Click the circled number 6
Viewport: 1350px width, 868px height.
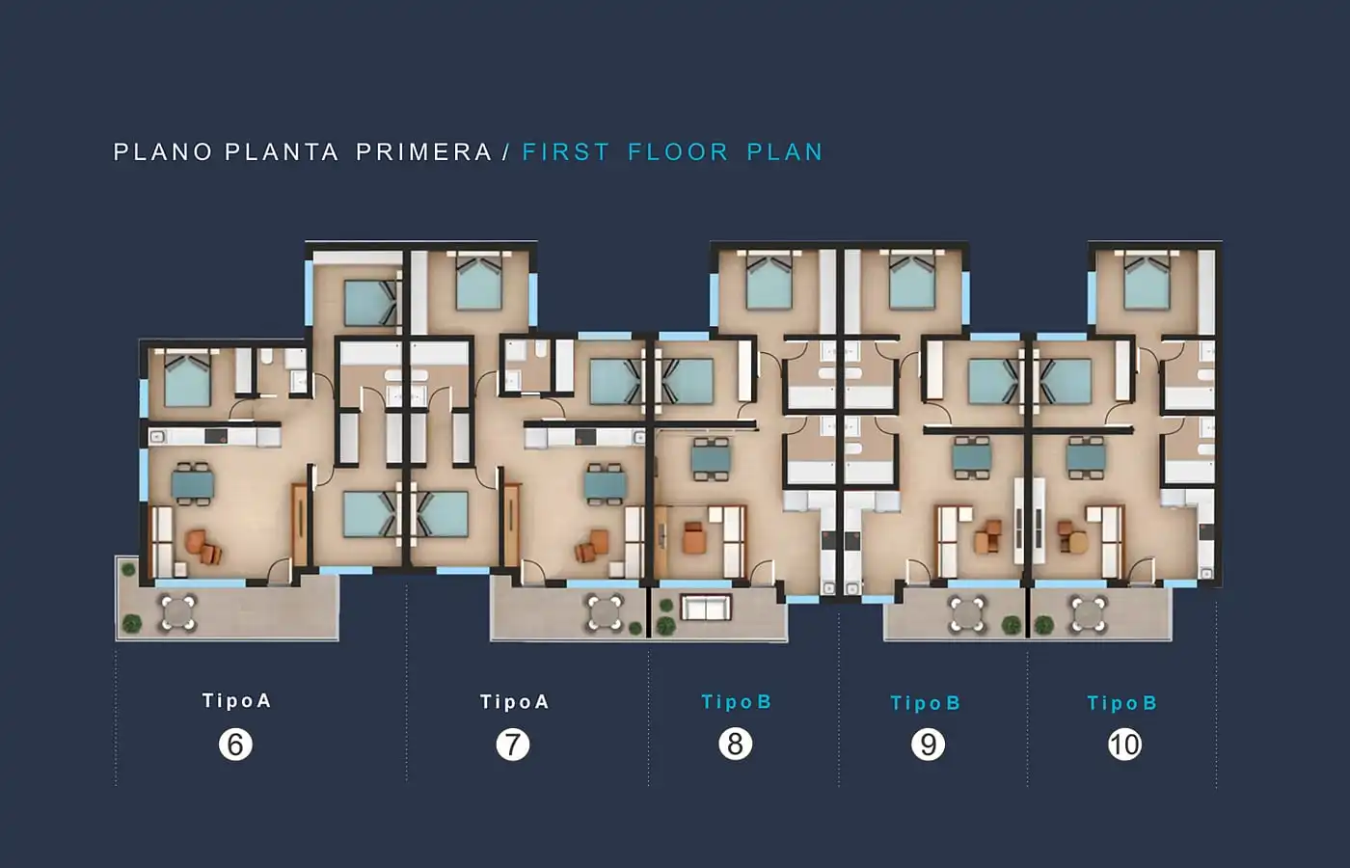click(235, 745)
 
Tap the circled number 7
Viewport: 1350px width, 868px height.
click(512, 745)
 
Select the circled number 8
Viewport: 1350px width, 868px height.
click(735, 744)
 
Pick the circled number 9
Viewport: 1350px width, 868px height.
click(928, 745)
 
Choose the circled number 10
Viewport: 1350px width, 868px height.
click(1124, 745)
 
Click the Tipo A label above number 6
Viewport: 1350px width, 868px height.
click(236, 700)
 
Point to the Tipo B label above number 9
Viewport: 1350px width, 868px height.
click(925, 703)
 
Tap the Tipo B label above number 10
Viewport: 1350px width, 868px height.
click(1122, 703)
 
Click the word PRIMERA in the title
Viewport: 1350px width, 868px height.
click(424, 152)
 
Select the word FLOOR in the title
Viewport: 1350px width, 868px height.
click(678, 152)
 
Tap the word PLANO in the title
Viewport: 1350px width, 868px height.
click(163, 152)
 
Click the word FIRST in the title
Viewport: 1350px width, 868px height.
click(566, 152)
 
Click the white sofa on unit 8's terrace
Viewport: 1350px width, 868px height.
click(706, 608)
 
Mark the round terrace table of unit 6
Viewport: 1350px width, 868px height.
click(178, 612)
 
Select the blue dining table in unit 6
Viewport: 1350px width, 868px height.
click(192, 483)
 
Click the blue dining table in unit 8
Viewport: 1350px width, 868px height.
click(711, 459)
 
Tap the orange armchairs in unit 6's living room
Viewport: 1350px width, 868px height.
click(203, 547)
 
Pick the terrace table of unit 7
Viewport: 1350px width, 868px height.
click(606, 613)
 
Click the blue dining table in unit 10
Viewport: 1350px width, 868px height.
click(1086, 457)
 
